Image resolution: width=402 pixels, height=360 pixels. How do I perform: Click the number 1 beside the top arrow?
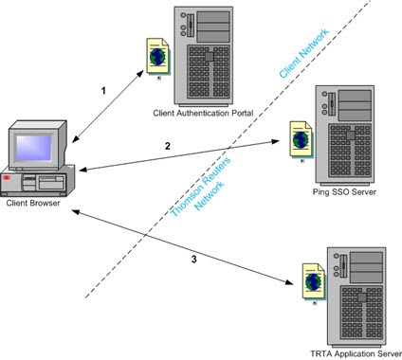click(103, 91)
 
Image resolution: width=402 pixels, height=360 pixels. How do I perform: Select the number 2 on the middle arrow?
click(168, 146)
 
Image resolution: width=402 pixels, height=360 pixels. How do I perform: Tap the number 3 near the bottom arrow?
click(193, 260)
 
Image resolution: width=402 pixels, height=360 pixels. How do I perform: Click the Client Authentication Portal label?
click(203, 113)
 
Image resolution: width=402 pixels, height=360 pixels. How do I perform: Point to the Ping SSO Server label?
click(344, 191)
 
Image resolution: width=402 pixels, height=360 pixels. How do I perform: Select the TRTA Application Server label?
click(356, 353)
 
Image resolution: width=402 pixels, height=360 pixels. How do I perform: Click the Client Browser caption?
click(33, 203)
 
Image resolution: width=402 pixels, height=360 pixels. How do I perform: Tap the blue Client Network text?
click(304, 53)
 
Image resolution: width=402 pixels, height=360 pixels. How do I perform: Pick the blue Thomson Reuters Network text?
click(201, 187)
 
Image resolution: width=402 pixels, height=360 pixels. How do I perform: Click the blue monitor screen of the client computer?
click(34, 148)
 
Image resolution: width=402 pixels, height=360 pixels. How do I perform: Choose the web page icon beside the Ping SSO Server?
click(301, 139)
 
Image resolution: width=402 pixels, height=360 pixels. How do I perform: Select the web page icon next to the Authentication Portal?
click(157, 57)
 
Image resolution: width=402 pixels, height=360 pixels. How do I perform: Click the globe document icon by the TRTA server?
click(314, 282)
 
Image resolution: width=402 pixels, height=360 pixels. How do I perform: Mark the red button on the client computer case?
click(7, 178)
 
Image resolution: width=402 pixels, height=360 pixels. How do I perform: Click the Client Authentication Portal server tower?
click(204, 56)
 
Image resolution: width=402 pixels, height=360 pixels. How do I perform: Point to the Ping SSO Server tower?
click(345, 135)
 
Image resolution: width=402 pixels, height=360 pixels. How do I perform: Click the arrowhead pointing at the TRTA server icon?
click(289, 281)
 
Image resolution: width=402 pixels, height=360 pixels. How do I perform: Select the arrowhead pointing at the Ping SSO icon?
click(276, 141)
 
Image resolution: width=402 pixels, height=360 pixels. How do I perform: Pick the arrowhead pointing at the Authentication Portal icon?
click(140, 73)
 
